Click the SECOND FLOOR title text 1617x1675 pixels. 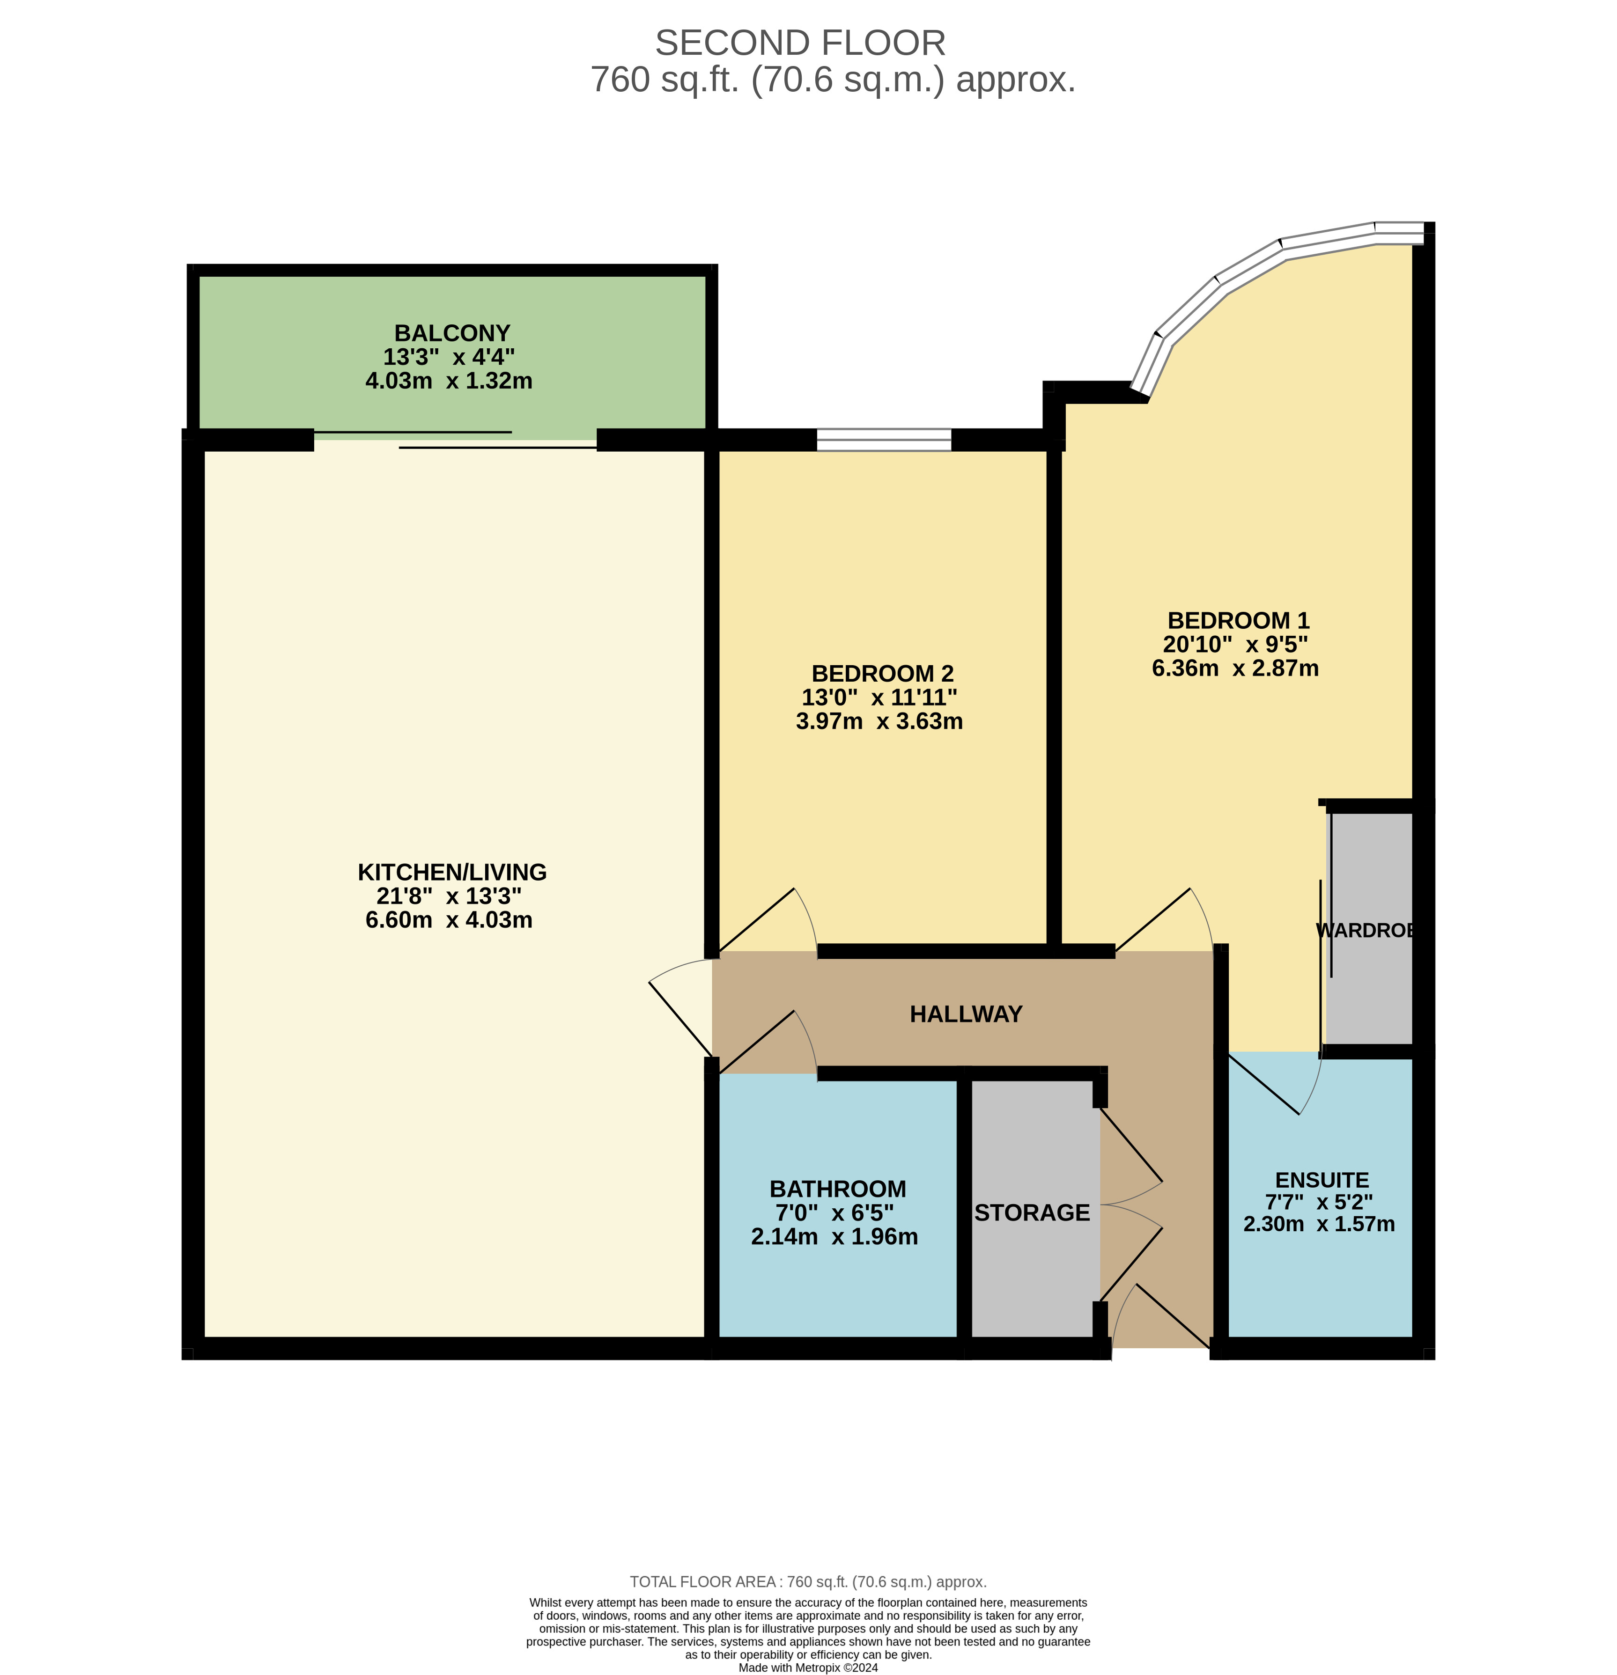click(x=800, y=43)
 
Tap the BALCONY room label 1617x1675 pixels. click(x=451, y=332)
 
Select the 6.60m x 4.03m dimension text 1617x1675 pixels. click(x=449, y=919)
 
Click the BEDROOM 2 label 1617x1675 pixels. click(x=882, y=674)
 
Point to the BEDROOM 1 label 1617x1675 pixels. click(x=1238, y=620)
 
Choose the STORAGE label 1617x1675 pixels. click(x=1032, y=1212)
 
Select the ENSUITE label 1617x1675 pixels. click(x=1322, y=1180)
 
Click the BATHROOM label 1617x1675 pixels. click(x=838, y=1189)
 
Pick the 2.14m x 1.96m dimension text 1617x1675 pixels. click(x=834, y=1237)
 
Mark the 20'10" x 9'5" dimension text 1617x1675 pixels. click(x=1235, y=644)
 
